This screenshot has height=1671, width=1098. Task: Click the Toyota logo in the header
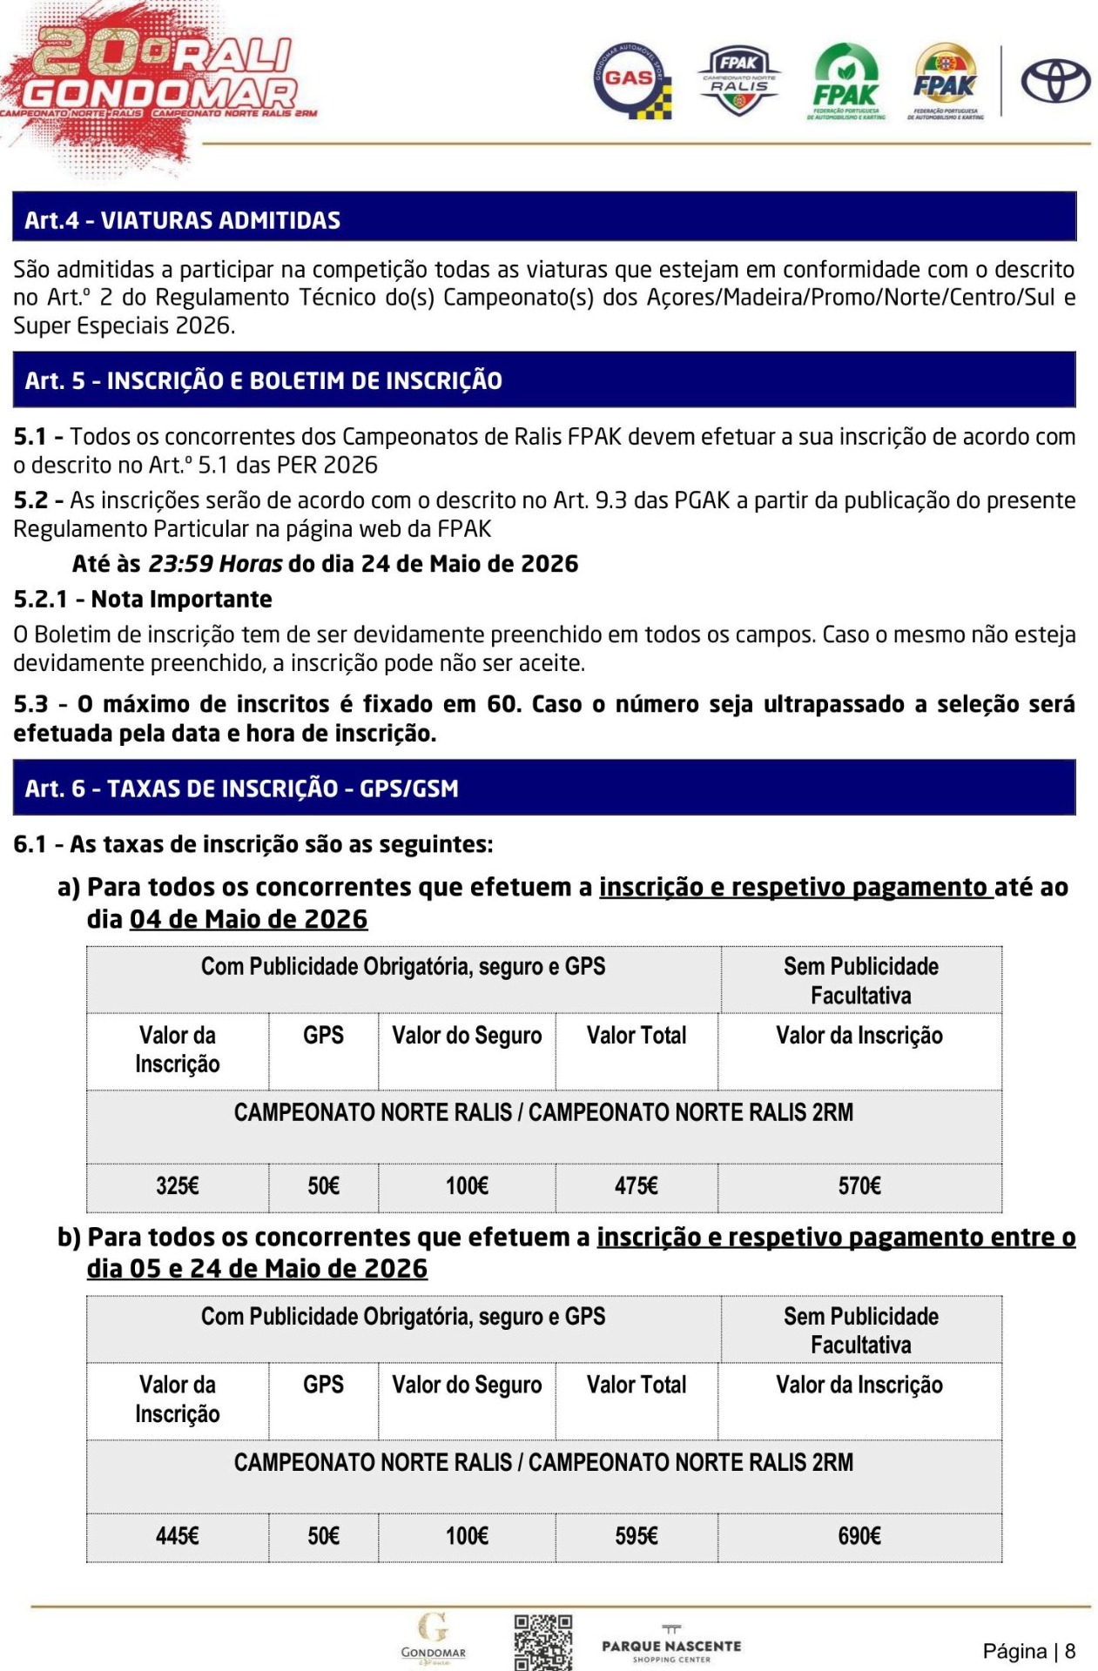coord(1054,82)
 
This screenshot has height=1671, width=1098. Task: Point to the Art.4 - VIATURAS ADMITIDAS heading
coord(182,220)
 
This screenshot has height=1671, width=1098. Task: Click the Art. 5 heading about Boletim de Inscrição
coord(263,380)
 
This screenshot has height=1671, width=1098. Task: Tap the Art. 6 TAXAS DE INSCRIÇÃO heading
coord(241,789)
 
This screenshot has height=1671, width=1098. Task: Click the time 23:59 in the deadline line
coord(181,564)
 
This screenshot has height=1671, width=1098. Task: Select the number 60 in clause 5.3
coord(502,704)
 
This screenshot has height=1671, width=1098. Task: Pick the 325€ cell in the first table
coord(178,1186)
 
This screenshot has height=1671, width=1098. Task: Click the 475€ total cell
coord(637,1186)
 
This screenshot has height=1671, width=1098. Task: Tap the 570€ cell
coord(859,1186)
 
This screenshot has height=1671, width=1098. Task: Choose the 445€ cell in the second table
coord(178,1536)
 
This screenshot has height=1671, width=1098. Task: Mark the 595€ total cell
coord(637,1536)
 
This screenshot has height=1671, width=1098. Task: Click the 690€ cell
coord(859,1536)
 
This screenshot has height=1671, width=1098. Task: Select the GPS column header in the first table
coord(323,1035)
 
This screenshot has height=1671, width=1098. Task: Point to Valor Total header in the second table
coord(637,1385)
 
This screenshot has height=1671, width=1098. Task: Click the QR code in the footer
coord(542,1641)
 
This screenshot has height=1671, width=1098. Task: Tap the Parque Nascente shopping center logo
coord(671,1644)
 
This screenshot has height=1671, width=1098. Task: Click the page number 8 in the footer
coord(1070,1651)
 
